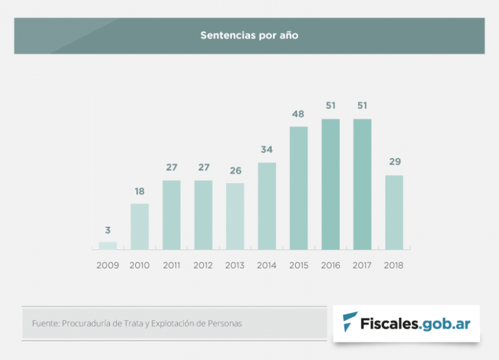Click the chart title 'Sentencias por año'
(249, 36)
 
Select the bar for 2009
(108, 246)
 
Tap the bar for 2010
(140, 227)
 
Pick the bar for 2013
(235, 216)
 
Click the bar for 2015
(299, 188)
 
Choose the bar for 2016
(331, 185)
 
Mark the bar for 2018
(394, 212)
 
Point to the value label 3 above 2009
(108, 230)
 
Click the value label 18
(140, 192)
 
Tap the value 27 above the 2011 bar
(172, 168)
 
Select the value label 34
(267, 150)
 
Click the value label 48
(299, 114)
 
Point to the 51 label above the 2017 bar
(363, 106)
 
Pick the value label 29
(394, 162)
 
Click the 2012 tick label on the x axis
(203, 265)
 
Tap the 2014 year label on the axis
(267, 265)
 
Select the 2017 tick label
(363, 265)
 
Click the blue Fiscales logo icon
(351, 322)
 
